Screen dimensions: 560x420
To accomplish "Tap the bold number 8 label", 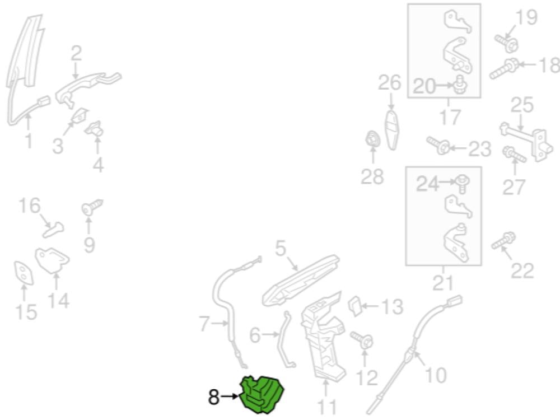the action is point(213,397).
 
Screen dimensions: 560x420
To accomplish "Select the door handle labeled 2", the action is point(88,88).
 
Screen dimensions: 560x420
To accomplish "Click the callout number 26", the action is point(390,82).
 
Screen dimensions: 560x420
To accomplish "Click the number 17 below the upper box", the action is point(450,117).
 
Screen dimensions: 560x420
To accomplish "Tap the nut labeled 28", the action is point(373,139).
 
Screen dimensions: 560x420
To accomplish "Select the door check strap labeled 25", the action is point(526,141).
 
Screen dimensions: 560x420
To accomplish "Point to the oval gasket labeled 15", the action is point(24,273).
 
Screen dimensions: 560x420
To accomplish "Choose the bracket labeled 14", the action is point(52,260).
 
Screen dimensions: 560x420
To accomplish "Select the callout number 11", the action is point(327,408).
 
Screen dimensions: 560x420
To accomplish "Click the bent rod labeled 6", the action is point(286,339).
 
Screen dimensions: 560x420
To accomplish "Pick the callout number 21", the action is point(443,283).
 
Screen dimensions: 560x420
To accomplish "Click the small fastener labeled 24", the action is point(462,183).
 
